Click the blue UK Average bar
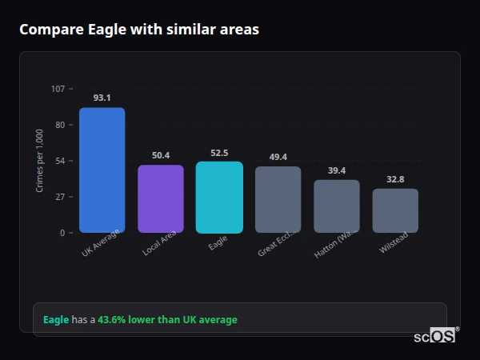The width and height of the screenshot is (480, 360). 102,170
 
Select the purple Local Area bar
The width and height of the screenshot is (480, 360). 161,198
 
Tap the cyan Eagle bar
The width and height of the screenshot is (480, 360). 219,197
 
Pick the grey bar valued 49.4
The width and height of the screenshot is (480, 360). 278,199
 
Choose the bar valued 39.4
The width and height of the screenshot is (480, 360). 337,206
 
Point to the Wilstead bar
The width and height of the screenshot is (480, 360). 395,210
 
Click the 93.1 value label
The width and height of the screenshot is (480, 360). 102,98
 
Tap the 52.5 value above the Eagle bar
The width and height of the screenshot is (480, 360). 219,153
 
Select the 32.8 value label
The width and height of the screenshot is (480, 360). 395,179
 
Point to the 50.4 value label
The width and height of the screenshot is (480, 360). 161,155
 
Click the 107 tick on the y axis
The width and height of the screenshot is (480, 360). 58,89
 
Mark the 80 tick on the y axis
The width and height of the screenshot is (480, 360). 60,125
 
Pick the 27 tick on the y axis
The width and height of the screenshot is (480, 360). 60,197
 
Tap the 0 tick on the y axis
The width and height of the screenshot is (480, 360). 62,233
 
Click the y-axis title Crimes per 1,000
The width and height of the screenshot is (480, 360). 40,160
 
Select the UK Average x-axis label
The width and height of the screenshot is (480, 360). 100,243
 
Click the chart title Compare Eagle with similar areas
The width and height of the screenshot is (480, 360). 139,30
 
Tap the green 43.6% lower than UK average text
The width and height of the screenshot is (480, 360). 167,320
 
